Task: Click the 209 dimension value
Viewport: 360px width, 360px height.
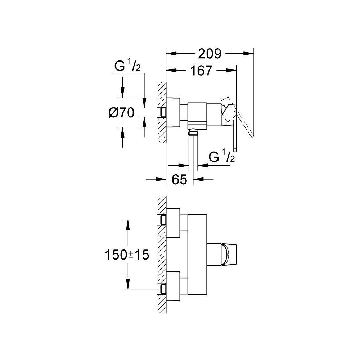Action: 210,54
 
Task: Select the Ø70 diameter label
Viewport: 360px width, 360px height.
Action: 121,113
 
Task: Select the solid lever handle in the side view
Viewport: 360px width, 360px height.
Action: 234,130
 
